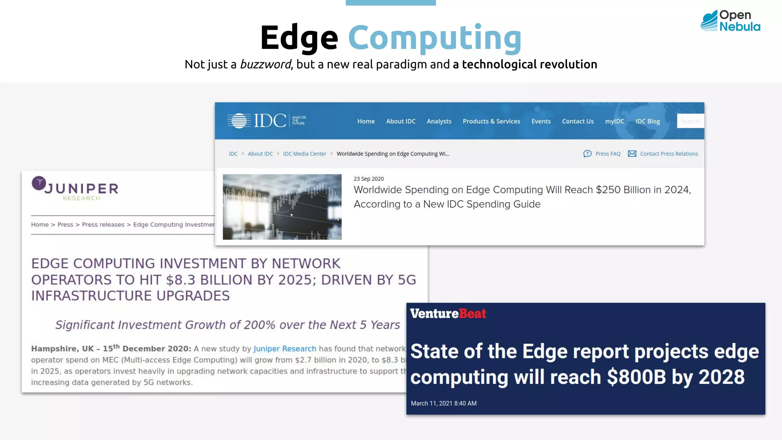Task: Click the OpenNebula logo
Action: click(730, 21)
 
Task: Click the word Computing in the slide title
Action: click(435, 38)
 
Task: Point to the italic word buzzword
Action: click(265, 65)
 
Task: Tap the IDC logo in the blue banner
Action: click(267, 121)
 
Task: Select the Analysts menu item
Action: click(439, 121)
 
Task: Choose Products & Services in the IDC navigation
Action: click(491, 121)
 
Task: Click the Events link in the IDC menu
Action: click(541, 121)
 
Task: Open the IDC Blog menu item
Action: click(647, 121)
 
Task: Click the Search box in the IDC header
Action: click(690, 121)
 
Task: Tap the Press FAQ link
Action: click(607, 154)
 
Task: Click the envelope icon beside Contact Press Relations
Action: click(632, 154)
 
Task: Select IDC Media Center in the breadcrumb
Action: click(304, 154)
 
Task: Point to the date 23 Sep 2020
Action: click(368, 179)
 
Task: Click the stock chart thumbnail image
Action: click(282, 207)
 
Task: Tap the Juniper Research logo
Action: click(75, 189)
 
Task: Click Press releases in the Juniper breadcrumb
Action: click(103, 225)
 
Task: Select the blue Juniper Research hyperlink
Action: click(284, 349)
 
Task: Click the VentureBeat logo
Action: click(448, 314)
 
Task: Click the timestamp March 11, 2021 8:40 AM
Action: click(443, 403)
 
